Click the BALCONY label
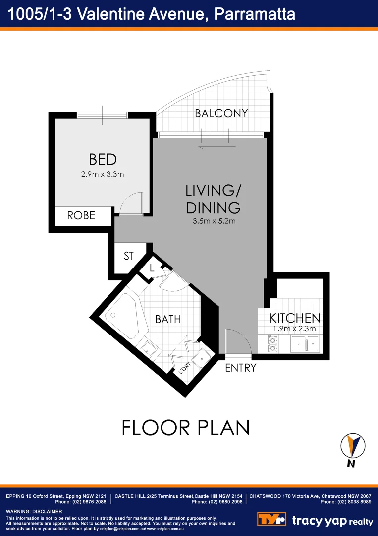[221, 113]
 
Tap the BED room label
[103, 159]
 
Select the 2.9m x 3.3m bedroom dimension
[103, 174]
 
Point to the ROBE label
[81, 216]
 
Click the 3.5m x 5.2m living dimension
[214, 221]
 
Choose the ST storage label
[129, 256]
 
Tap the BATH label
[168, 319]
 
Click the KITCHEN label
[295, 318]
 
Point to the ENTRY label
[240, 368]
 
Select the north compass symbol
[353, 447]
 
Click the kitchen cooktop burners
[273, 344]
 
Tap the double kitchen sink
[305, 343]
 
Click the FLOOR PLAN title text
[185, 427]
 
